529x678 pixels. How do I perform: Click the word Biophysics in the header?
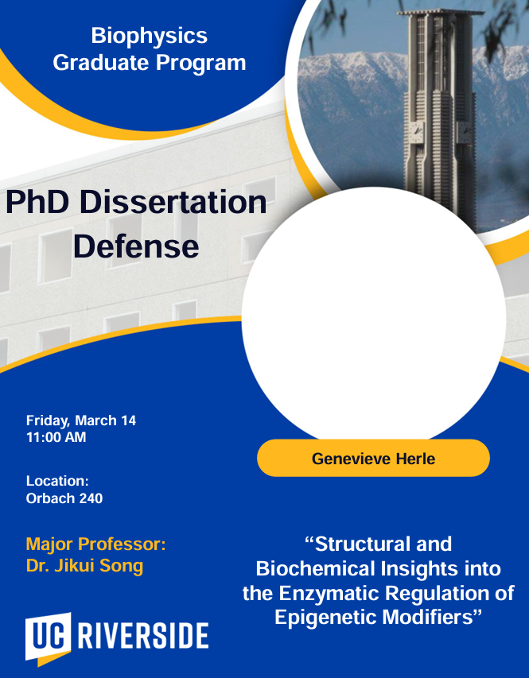pyautogui.click(x=150, y=37)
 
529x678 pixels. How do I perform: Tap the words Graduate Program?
pyautogui.click(x=150, y=63)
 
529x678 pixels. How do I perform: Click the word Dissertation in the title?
pyautogui.click(x=173, y=202)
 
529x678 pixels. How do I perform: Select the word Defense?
pyautogui.click(x=136, y=246)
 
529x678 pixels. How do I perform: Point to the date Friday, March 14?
pyautogui.click(x=81, y=420)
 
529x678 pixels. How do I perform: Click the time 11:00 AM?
pyautogui.click(x=56, y=438)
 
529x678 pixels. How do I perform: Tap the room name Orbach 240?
pyautogui.click(x=64, y=498)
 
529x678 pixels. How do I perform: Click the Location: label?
pyautogui.click(x=57, y=481)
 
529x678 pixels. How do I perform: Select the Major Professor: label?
pyautogui.click(x=95, y=544)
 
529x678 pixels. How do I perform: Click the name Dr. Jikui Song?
pyautogui.click(x=84, y=566)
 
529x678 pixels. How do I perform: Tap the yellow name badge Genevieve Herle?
pyautogui.click(x=373, y=459)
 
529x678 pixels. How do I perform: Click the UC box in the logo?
pyautogui.click(x=48, y=637)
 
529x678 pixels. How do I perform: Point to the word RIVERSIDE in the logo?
pyautogui.click(x=143, y=636)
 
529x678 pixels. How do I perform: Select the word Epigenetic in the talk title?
pyautogui.click(x=331, y=618)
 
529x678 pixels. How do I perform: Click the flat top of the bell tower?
pyautogui.click(x=441, y=12)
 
